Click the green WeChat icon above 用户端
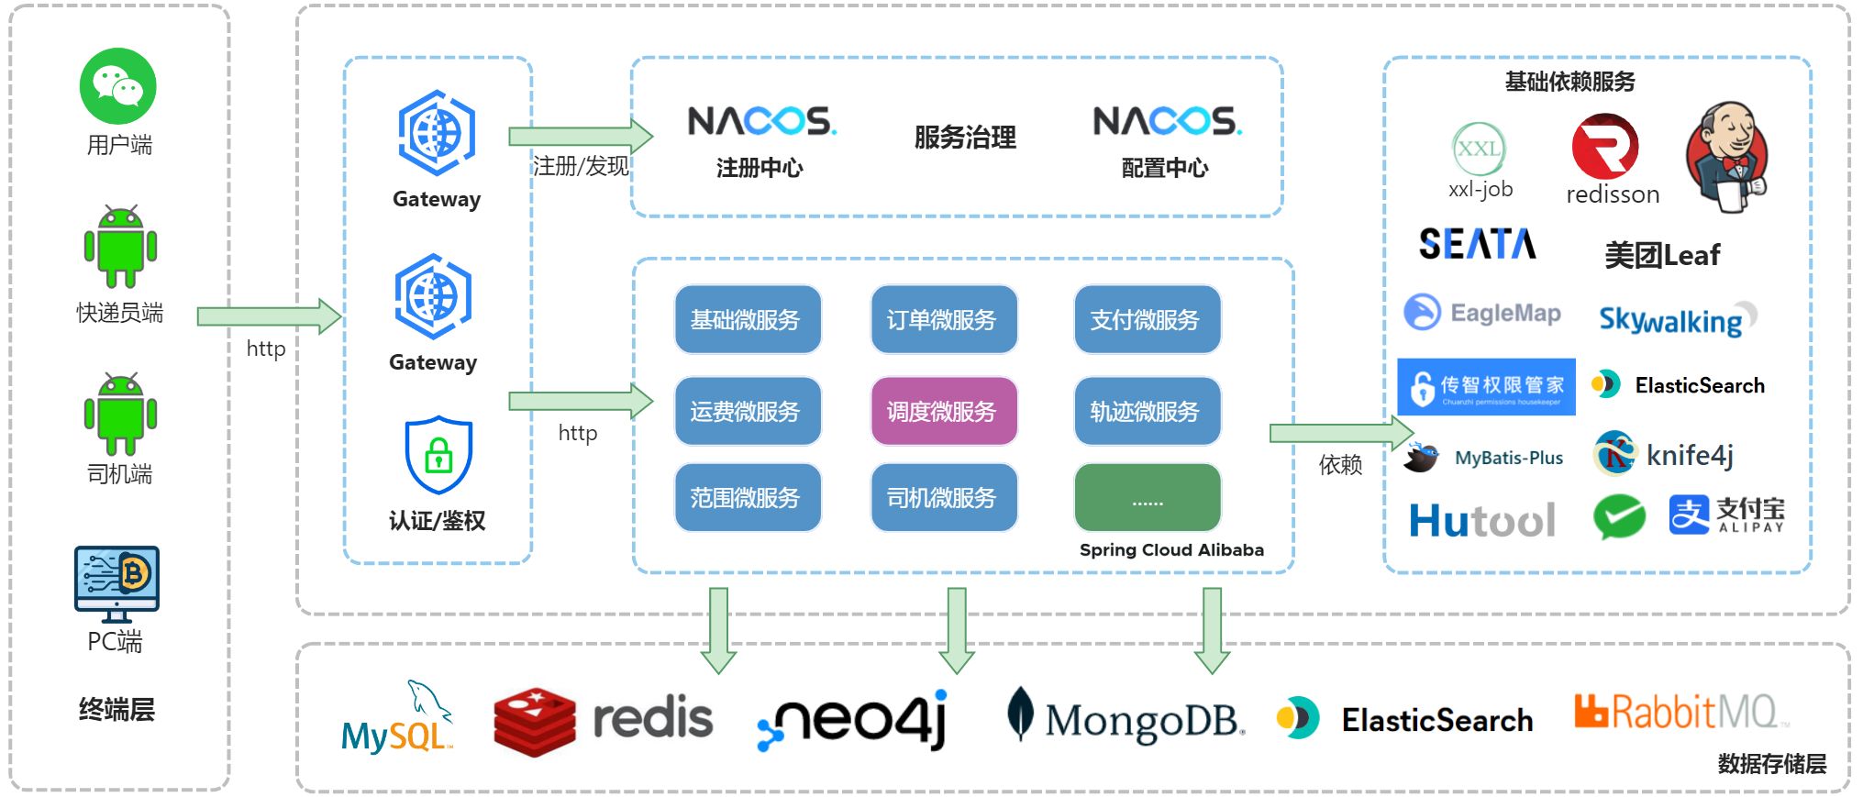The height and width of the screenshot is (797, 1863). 118,86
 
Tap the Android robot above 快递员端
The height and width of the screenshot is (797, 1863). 120,247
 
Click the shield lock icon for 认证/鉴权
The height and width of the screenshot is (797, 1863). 438,455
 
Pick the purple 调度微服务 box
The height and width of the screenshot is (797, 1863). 943,411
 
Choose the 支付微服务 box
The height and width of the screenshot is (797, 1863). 1147,319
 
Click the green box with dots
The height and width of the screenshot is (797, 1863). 1147,498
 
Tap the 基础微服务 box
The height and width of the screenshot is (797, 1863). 747,319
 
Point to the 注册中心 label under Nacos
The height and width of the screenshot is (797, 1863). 760,168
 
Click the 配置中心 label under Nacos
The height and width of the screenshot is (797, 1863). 1165,168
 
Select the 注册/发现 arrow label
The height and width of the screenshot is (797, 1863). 581,166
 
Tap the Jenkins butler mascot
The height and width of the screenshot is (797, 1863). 1728,156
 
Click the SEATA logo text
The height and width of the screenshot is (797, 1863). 1477,244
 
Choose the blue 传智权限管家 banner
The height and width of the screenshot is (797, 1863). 1486,387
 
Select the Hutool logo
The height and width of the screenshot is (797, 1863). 1482,521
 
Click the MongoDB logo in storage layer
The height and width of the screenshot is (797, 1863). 1126,718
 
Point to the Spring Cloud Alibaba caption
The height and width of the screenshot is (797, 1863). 1171,550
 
